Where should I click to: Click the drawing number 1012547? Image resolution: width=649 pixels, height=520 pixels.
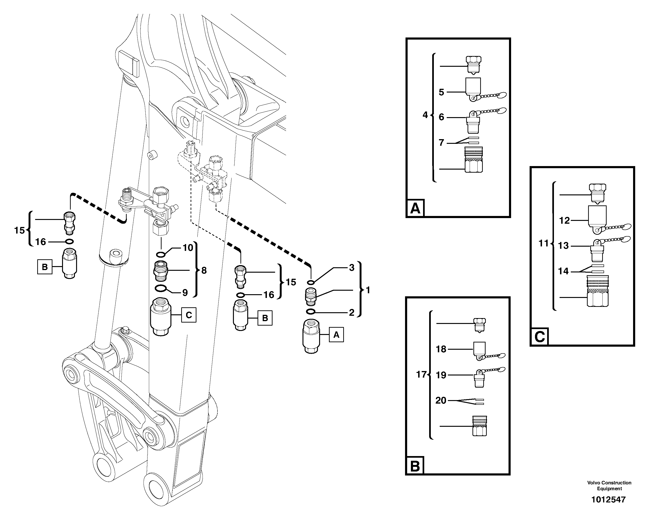click(608, 500)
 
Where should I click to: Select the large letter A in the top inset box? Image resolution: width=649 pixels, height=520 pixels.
click(415, 208)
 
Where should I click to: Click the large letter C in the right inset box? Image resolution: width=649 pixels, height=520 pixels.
click(539, 337)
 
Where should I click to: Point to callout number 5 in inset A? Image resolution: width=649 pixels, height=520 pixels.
click(441, 92)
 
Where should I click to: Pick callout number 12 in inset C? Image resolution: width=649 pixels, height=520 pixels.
click(564, 221)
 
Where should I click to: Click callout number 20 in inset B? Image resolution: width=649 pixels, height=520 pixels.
click(441, 401)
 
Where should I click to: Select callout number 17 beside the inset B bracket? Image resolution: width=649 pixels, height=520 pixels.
click(421, 375)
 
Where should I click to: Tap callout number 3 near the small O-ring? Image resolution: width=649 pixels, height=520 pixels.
click(352, 268)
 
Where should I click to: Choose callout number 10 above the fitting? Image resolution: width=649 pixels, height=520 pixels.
click(188, 248)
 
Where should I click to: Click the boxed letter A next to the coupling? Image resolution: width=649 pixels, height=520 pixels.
click(336, 335)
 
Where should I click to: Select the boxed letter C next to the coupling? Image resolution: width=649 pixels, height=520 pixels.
click(189, 315)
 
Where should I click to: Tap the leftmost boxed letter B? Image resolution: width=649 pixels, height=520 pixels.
click(44, 267)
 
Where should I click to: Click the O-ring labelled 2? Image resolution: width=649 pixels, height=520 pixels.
click(311, 311)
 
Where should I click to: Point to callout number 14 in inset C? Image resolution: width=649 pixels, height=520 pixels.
click(563, 271)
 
